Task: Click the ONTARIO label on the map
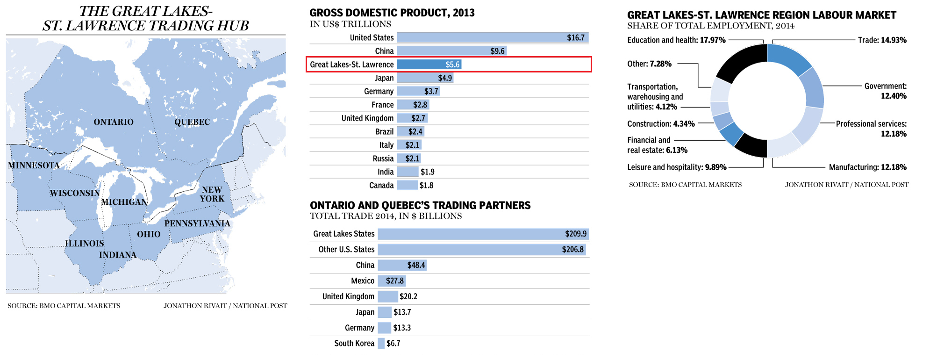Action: click(x=114, y=122)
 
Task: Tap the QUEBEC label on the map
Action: click(x=192, y=122)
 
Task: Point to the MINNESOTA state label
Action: click(x=34, y=166)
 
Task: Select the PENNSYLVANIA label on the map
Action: click(x=197, y=223)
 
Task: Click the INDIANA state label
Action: click(x=118, y=255)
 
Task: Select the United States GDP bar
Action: click(x=493, y=37)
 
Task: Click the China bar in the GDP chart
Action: click(x=451, y=51)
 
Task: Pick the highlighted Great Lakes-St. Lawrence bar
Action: click(x=429, y=65)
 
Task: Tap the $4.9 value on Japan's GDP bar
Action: click(x=445, y=78)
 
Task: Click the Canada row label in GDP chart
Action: click(x=381, y=186)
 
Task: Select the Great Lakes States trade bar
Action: click(x=483, y=234)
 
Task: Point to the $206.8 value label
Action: click(x=572, y=250)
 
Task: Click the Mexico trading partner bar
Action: click(x=392, y=281)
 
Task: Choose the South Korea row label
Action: click(x=354, y=344)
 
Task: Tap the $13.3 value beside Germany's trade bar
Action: click(x=402, y=328)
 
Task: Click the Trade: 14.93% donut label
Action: click(x=882, y=40)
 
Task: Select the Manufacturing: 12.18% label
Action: click(x=867, y=167)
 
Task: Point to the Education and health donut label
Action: click(x=676, y=40)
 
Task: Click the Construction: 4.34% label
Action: click(x=661, y=124)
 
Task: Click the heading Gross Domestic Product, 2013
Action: click(x=392, y=13)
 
